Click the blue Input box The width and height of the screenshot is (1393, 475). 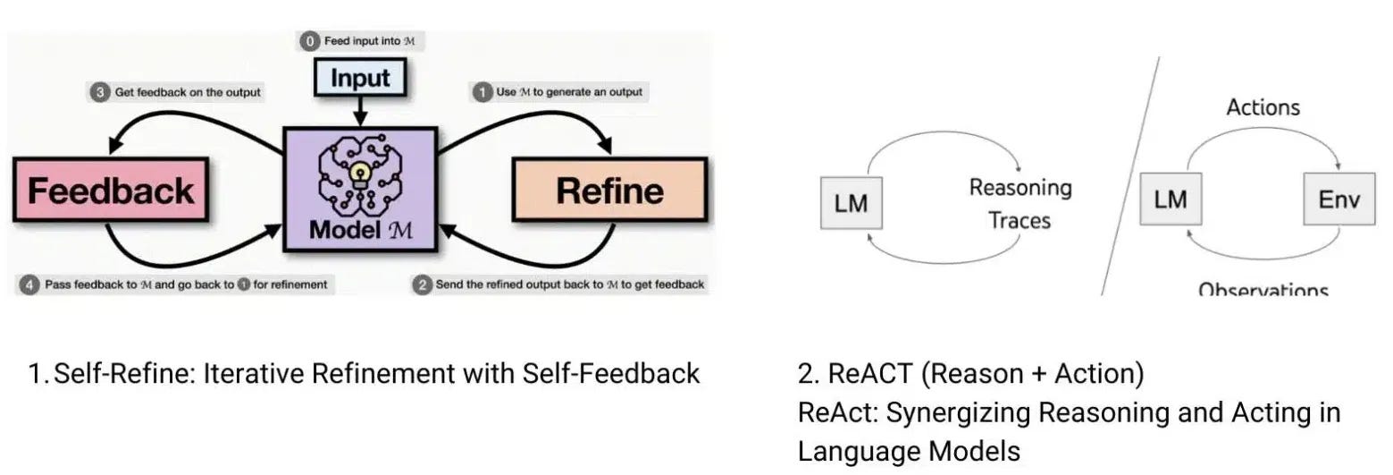[x=359, y=79]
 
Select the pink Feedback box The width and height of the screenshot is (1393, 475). [x=110, y=190]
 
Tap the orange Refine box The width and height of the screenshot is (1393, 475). [x=609, y=190]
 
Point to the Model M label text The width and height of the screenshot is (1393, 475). [x=359, y=230]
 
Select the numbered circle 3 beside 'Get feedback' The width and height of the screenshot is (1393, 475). [x=100, y=92]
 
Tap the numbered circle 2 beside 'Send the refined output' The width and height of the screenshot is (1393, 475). [x=423, y=285]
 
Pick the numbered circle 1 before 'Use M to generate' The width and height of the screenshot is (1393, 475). [x=483, y=92]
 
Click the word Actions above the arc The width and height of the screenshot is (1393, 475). [x=1263, y=108]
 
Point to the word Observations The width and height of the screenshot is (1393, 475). [x=1263, y=290]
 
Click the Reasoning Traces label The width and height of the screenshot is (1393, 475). [x=1020, y=203]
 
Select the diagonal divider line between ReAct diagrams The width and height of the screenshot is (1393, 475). [x=1129, y=179]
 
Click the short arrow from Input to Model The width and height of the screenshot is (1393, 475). [x=359, y=112]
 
